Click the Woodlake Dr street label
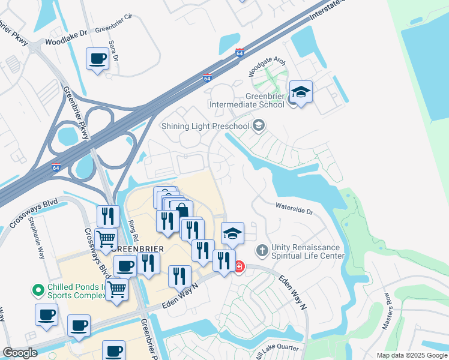click(66, 43)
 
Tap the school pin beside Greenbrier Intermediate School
click(300, 93)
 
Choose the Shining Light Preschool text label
click(205, 125)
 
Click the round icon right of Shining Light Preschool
click(259, 125)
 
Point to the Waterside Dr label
click(294, 212)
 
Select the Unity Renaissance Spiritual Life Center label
click(307, 251)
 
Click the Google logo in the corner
click(20, 353)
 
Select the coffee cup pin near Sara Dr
click(97, 59)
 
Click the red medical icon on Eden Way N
click(238, 266)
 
